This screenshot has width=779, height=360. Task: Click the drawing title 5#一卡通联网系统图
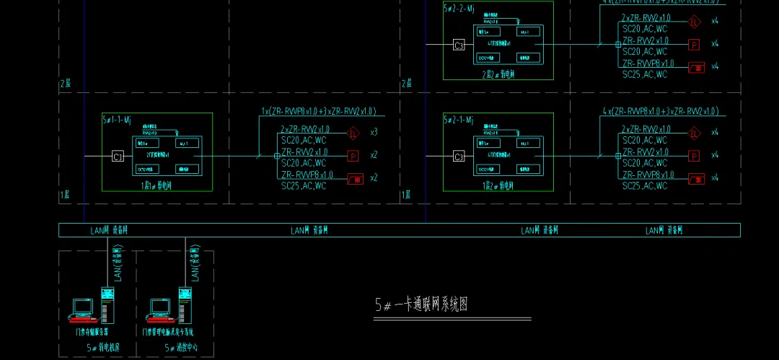421,304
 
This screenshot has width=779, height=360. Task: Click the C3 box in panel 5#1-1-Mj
118,156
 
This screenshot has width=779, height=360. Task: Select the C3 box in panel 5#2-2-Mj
459,45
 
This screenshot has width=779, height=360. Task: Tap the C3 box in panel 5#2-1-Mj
459,156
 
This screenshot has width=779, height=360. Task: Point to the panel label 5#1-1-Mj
117,119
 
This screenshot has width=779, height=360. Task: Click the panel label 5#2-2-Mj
458,8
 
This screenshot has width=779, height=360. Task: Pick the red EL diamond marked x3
353,133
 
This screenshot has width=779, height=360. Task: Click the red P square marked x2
353,155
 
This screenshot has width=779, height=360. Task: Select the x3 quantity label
374,133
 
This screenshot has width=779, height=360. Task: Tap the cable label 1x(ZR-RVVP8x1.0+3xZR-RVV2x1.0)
318,111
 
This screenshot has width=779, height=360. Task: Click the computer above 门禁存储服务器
82,309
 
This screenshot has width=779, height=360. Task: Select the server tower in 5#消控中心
185,304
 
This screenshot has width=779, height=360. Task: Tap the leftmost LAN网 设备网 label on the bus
109,231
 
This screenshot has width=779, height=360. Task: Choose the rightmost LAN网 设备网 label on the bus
664,231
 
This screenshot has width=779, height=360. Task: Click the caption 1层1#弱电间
157,185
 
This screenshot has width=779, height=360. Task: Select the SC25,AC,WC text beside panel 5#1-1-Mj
304,186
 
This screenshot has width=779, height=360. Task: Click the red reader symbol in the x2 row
355,178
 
